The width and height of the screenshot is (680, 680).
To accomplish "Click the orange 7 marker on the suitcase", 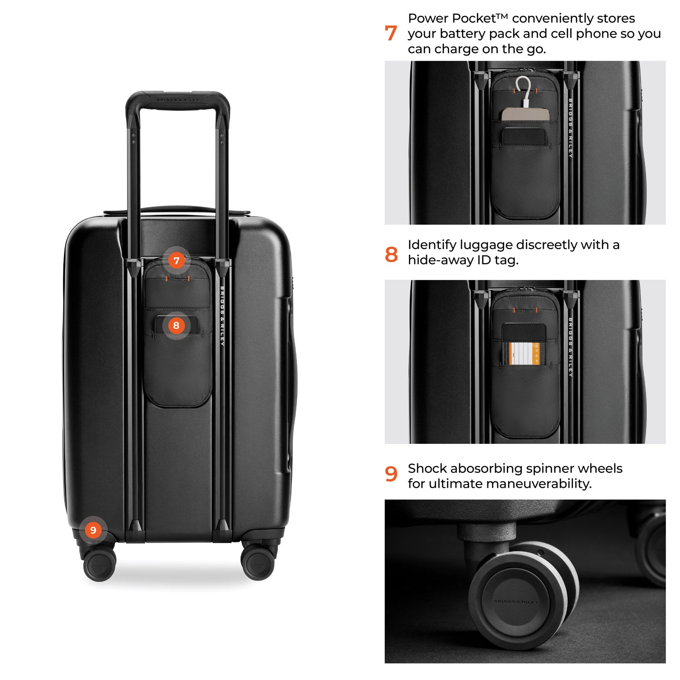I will coord(176,261).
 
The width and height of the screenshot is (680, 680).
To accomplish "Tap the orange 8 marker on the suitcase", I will coord(176,325).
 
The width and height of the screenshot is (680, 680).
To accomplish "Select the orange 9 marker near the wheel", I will coord(93,530).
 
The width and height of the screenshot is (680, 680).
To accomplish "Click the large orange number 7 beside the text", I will coord(391,34).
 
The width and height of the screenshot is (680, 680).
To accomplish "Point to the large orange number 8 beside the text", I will coord(391,254).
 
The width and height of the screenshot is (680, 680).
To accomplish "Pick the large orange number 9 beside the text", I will coord(391,474).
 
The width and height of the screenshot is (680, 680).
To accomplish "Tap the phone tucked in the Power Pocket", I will coord(525,114).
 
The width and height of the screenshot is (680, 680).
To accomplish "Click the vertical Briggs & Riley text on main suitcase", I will coord(222,316).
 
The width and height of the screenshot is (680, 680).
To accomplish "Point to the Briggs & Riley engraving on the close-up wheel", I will coord(515,602).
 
